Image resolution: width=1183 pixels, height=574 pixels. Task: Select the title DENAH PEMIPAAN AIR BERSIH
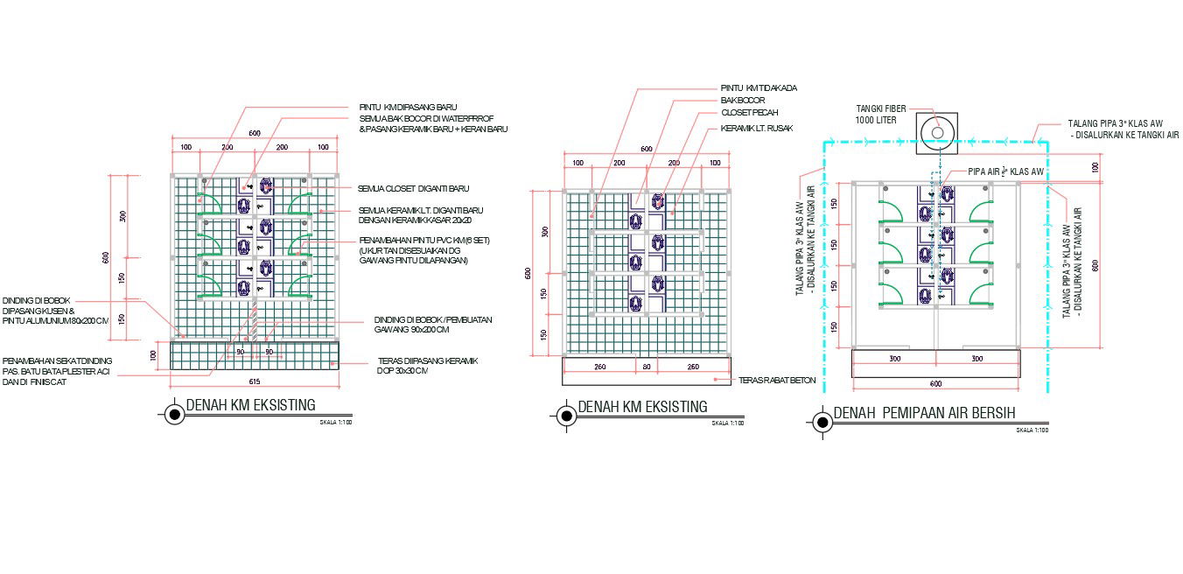pos(924,413)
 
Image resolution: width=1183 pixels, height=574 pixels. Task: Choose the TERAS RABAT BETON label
pos(777,380)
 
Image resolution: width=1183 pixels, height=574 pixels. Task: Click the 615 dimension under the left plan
pos(255,381)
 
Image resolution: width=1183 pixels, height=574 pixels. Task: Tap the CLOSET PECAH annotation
pos(749,113)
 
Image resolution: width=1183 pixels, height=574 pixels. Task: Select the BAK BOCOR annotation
pos(743,101)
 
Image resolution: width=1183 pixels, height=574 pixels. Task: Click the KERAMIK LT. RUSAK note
pos(757,128)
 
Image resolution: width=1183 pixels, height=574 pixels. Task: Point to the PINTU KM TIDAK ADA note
pos(759,87)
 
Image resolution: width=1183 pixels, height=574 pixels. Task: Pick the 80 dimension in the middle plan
pos(647,366)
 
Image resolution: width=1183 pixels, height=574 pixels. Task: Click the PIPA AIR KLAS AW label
pos(1005,171)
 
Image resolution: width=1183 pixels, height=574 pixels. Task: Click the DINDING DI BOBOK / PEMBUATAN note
pos(432,325)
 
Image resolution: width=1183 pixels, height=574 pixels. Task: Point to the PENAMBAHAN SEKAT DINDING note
pos(58,371)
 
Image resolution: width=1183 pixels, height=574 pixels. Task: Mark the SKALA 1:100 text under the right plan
pos(1032,430)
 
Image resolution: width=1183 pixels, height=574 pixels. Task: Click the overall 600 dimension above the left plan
pos(254,133)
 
